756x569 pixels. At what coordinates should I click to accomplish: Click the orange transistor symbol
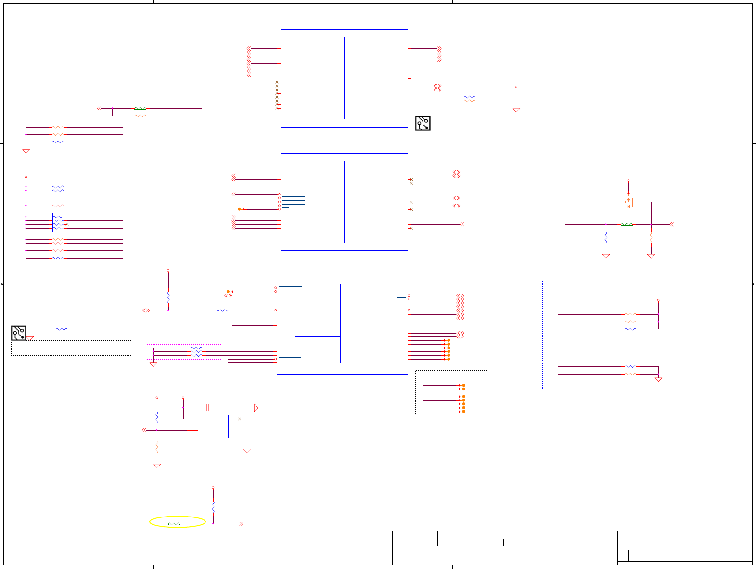(628, 202)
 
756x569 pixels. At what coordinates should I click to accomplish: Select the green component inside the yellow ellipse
(174, 524)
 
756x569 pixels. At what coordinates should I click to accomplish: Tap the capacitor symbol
(207, 408)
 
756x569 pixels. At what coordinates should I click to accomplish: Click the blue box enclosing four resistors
(58, 222)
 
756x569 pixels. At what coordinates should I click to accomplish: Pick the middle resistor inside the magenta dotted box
(196, 351)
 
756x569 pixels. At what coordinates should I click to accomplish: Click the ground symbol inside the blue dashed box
(658, 379)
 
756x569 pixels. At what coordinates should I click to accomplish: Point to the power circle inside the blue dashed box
(658, 300)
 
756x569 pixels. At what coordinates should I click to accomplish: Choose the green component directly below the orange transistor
(627, 224)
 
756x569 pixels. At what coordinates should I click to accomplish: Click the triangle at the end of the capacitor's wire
(256, 408)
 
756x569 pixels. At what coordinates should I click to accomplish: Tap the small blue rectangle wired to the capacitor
(213, 427)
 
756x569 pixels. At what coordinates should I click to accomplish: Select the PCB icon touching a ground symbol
(19, 333)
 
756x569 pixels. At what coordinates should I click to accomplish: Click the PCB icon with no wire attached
(423, 123)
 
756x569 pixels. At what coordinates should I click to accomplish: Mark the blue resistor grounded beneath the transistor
(606, 238)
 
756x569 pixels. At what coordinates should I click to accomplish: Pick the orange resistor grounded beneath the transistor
(651, 238)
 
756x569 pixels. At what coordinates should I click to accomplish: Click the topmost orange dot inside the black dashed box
(463, 385)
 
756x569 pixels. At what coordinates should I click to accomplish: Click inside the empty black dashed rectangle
(71, 348)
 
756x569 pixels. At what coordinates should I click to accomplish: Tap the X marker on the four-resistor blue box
(67, 225)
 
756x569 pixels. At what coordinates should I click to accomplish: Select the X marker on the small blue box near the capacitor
(239, 419)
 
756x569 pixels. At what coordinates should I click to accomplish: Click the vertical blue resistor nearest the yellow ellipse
(213, 506)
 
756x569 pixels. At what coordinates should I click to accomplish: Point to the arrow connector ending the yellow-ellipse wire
(241, 524)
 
